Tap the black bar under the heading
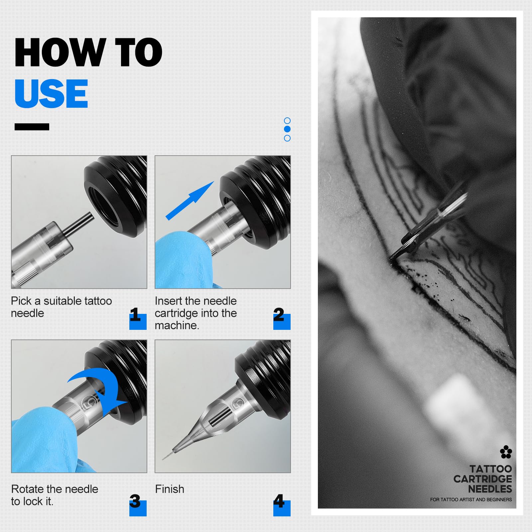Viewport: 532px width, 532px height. click(x=32, y=127)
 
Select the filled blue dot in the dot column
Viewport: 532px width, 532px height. click(x=287, y=129)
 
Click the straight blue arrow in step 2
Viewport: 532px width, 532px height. click(x=190, y=201)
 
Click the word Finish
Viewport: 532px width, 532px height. click(x=170, y=489)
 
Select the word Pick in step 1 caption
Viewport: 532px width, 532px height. click(x=21, y=301)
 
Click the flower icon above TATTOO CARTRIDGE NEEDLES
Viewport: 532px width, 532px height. click(x=506, y=452)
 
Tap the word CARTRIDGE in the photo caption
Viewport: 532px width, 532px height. click(x=483, y=479)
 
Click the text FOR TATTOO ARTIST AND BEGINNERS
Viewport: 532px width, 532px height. click(x=471, y=499)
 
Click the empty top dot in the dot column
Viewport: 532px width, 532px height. click(x=287, y=120)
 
